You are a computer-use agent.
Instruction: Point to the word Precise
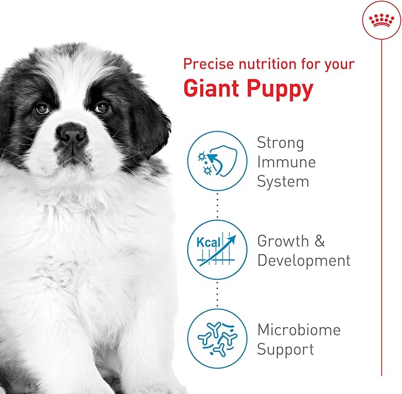click(206, 63)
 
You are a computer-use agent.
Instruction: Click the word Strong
click(281, 143)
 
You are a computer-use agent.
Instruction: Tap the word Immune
click(287, 162)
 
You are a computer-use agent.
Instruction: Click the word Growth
click(283, 241)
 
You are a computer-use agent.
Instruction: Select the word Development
click(304, 260)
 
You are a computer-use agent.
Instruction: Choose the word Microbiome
click(299, 330)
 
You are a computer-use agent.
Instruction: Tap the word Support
click(285, 350)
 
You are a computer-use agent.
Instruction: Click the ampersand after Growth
click(319, 241)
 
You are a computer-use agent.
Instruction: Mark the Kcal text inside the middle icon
click(207, 243)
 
